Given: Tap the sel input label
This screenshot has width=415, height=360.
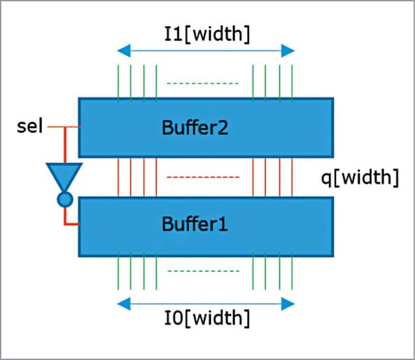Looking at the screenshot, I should [x=29, y=127].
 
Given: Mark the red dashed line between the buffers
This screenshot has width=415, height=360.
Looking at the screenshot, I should [x=205, y=177].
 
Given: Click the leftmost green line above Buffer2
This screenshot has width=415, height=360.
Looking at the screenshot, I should [x=118, y=83].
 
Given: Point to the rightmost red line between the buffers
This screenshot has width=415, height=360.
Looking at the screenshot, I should [x=292, y=177].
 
